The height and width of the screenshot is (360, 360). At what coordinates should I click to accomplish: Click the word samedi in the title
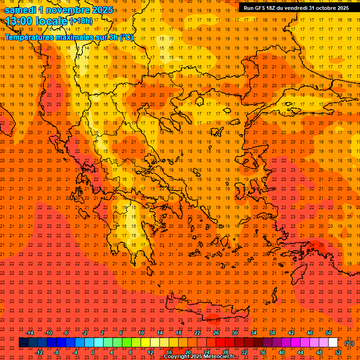[x=21, y=10]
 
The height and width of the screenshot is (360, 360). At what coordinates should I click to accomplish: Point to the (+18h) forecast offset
[x=81, y=21]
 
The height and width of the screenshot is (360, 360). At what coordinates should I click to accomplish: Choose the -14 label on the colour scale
[x=30, y=333]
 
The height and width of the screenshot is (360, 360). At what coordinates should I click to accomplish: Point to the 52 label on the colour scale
[x=338, y=352]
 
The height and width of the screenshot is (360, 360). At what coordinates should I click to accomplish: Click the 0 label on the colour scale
[x=93, y=352]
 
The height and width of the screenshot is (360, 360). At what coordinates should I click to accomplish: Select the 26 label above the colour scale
[x=216, y=333]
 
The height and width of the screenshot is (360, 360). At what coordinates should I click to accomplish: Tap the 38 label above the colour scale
[x=272, y=333]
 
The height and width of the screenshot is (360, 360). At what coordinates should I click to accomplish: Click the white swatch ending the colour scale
[x=333, y=343]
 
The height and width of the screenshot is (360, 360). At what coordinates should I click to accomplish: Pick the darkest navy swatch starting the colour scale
[x=23, y=343]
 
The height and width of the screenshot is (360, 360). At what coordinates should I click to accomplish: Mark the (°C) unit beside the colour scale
[x=349, y=343]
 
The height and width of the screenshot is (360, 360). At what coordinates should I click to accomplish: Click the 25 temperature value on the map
[x=322, y=245]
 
